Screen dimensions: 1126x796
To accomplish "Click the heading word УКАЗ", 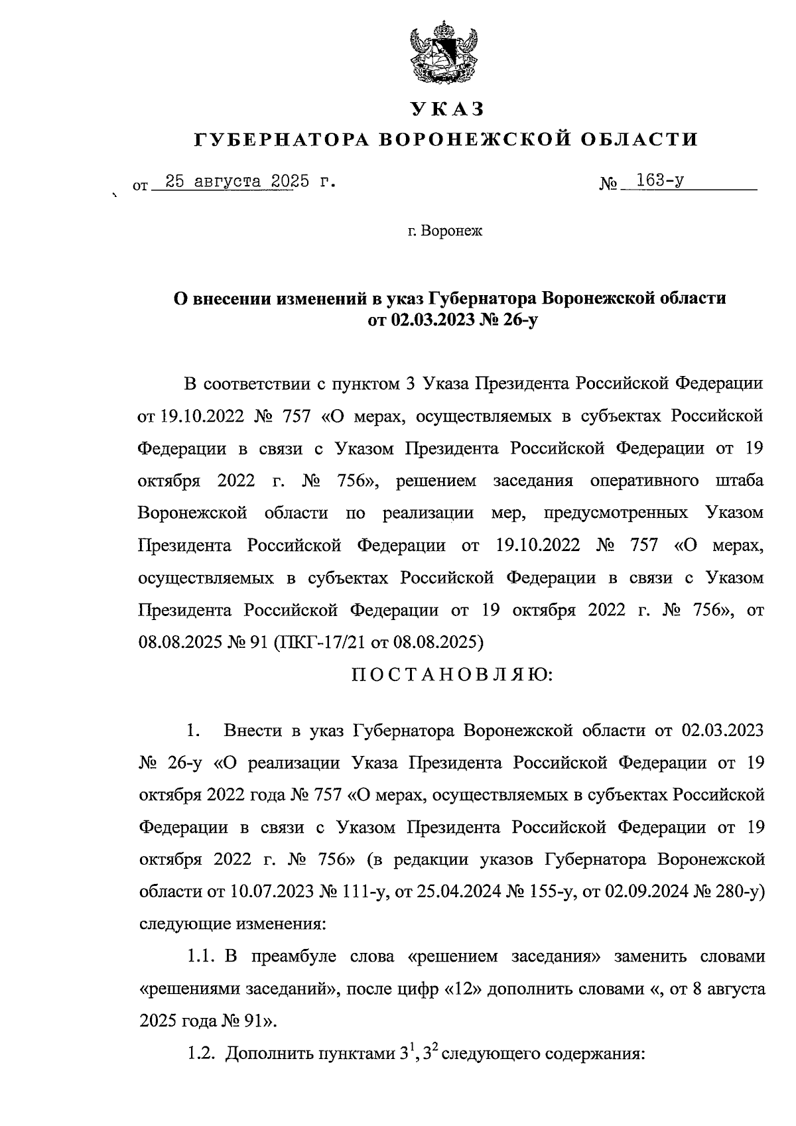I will [447, 108].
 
